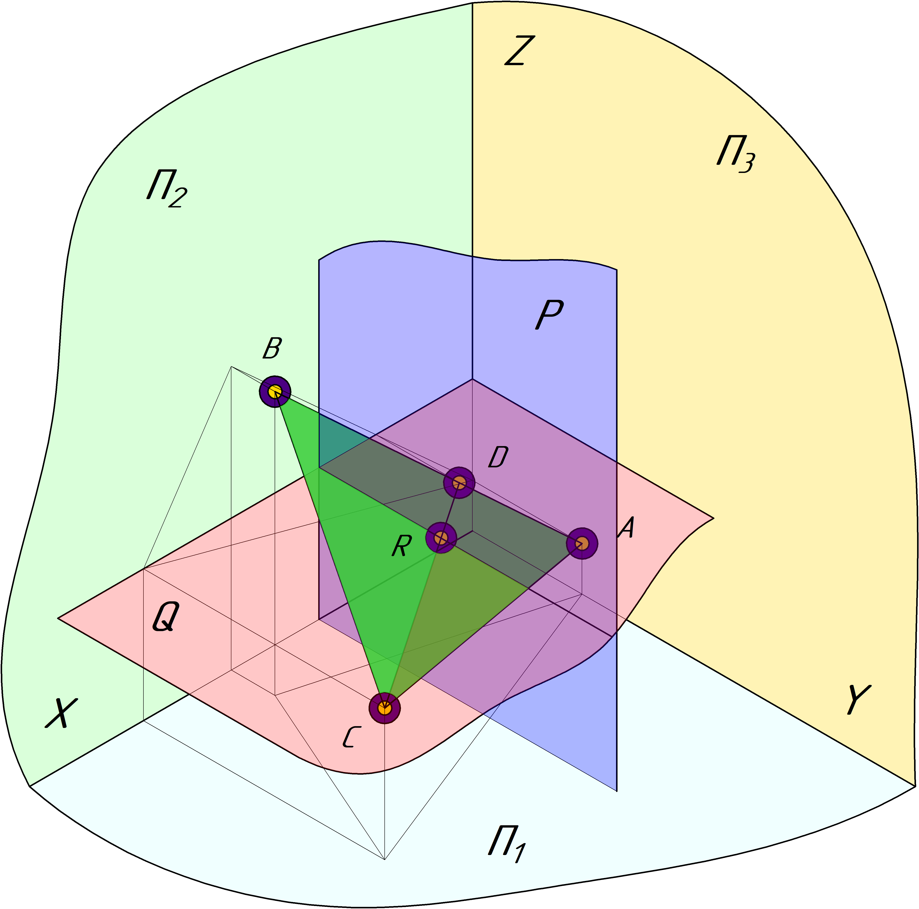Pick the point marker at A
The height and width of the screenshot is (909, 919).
(582, 543)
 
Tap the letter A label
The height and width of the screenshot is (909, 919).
(626, 528)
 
